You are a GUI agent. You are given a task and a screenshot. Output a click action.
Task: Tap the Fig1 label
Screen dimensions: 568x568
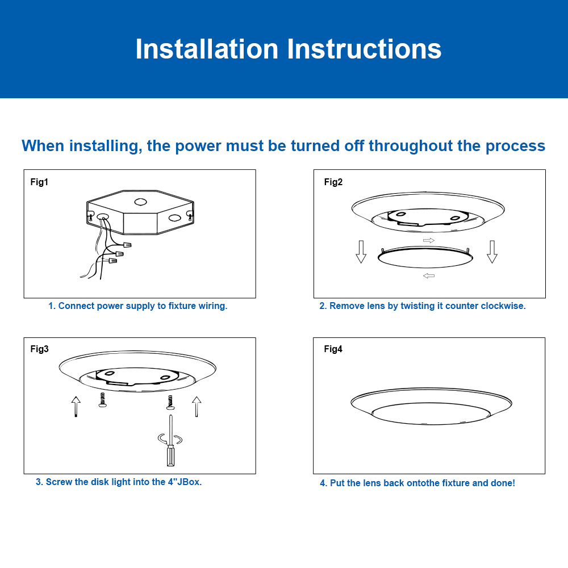point(40,182)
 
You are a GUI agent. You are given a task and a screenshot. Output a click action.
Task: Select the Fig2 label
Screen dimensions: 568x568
point(333,182)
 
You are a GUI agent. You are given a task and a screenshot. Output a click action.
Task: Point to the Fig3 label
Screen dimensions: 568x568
point(40,349)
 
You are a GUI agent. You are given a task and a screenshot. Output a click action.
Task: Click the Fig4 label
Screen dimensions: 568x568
point(333,349)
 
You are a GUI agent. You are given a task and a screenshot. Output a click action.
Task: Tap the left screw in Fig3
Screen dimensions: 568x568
point(102,400)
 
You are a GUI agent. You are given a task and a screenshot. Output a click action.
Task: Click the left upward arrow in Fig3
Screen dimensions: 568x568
point(76,407)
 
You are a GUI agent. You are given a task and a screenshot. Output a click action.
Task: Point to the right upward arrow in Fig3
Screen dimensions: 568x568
point(197,407)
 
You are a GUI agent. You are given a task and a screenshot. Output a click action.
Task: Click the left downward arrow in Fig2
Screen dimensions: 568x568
point(361,251)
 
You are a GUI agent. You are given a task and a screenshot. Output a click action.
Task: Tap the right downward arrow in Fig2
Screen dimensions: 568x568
point(492,251)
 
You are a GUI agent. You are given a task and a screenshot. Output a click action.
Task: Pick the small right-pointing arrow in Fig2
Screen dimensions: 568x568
point(429,241)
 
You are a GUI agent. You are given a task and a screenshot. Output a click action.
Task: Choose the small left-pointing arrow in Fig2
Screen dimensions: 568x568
point(429,276)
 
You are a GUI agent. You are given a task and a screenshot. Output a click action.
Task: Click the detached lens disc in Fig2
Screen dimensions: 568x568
point(425,258)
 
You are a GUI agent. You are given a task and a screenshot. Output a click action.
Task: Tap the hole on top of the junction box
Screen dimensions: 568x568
point(140,202)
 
